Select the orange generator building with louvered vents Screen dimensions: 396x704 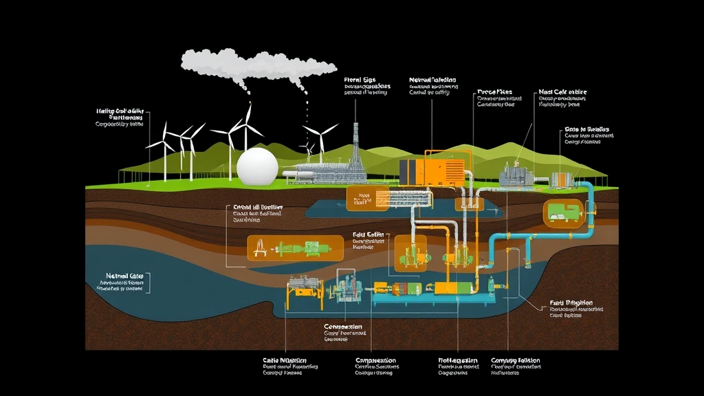tap(432, 171)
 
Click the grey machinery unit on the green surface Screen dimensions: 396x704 tap(518, 175)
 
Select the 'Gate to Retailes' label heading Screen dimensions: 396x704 tap(586, 129)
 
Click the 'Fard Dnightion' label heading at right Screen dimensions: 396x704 tap(572, 302)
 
